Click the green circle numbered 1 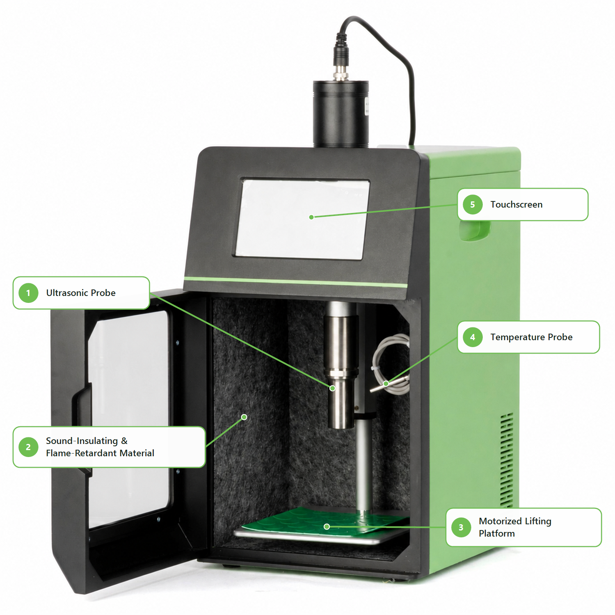(28, 293)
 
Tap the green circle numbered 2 (28, 447)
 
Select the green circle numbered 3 (461, 527)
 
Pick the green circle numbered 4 (472, 337)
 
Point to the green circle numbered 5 (472, 204)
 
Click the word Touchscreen (516, 204)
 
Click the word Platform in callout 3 (497, 534)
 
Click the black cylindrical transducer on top (341, 114)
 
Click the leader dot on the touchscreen (311, 217)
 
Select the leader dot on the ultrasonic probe (332, 388)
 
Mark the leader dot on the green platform (327, 527)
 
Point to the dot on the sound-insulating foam (244, 417)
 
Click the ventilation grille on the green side (507, 460)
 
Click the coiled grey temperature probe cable (390, 363)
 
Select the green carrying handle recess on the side (474, 230)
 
